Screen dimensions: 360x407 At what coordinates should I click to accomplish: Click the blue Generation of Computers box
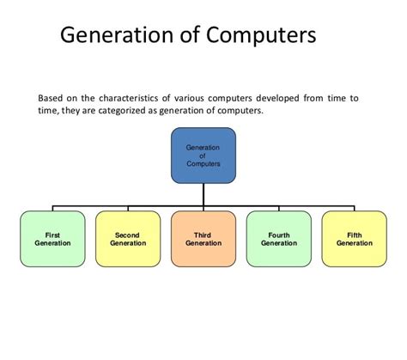click(203, 156)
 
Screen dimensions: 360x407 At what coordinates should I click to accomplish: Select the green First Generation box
click(52, 238)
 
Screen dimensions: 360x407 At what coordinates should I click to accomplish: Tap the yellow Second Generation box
click(128, 238)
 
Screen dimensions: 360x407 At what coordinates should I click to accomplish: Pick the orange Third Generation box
click(203, 238)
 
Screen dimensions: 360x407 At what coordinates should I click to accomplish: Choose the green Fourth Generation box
click(279, 238)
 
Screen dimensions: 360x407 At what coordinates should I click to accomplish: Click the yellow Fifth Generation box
click(354, 238)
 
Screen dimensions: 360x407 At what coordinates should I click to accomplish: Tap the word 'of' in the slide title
click(181, 36)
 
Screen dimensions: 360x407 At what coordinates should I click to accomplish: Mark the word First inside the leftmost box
click(52, 234)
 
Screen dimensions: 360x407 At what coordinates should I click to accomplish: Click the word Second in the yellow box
click(128, 234)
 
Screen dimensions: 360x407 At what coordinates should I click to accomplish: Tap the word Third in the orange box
click(203, 234)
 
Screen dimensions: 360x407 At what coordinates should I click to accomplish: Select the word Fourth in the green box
click(279, 234)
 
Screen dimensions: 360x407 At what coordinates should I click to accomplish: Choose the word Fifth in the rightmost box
click(354, 234)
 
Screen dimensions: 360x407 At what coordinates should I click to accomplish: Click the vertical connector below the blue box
click(203, 195)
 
